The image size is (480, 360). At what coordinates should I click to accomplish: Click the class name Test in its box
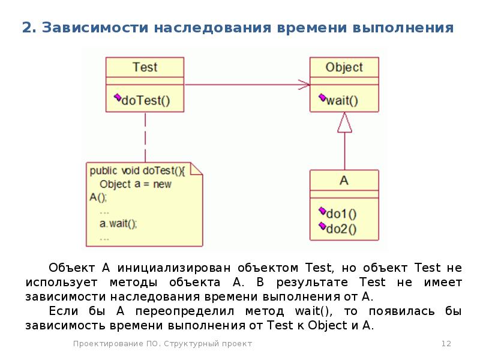coord(145,67)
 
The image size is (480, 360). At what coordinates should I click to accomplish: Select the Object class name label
coord(344,67)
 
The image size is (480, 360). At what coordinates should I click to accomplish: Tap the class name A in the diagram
coord(344,181)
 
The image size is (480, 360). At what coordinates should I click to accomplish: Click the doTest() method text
coord(146,100)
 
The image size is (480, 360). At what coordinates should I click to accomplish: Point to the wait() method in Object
coord(342,100)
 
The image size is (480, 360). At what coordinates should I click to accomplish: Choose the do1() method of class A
coord(341,214)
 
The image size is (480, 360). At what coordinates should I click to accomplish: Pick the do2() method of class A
coord(341,229)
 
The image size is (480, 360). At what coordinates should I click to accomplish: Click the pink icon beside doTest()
coord(117,98)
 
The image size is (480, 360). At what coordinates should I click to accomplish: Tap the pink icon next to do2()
coord(322,226)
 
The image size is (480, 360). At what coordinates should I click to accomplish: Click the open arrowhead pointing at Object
coord(304,85)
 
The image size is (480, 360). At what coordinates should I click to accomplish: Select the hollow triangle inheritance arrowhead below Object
coord(344,122)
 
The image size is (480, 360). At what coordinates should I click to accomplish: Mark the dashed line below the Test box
coord(145,137)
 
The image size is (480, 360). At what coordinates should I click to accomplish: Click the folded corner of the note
coord(196,169)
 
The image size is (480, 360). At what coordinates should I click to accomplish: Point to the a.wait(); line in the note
coord(118,224)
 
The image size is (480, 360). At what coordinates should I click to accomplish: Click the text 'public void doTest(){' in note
coord(137,171)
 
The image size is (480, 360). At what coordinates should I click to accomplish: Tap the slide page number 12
coord(446,343)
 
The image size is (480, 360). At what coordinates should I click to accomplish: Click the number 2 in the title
coord(27,28)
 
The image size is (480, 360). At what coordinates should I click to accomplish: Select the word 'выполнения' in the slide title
coord(403,28)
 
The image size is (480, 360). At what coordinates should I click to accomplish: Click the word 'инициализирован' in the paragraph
coord(174,268)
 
